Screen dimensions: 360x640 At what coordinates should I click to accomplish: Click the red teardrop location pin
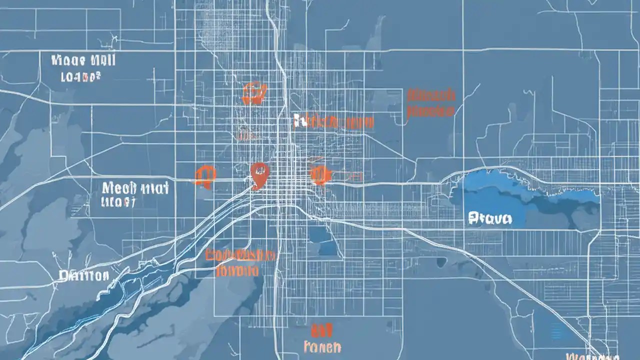coord(259,174)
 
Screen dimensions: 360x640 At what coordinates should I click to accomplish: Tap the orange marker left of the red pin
coord(205,176)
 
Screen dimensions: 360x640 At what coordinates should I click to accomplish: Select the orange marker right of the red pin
coord(320,175)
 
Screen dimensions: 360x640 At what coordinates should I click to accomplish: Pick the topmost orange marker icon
coord(254,93)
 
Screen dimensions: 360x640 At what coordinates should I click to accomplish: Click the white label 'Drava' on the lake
coord(490,218)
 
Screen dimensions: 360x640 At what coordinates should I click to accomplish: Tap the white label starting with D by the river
coord(83,275)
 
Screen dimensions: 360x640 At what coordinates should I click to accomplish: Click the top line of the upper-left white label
coord(83,61)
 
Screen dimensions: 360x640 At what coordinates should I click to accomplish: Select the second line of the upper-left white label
coord(80,77)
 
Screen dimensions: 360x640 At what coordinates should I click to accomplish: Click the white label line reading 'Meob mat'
coord(135,188)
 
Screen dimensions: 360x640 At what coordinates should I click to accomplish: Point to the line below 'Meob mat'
coord(118,202)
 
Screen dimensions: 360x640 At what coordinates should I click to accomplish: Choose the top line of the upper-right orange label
coord(431,95)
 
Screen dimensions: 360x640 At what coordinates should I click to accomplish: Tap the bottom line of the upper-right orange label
coord(430,111)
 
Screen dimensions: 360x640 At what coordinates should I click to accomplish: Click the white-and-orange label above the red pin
coord(333,121)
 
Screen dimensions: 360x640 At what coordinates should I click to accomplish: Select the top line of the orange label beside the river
coord(240,255)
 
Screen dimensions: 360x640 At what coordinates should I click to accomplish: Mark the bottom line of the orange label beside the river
coord(238,271)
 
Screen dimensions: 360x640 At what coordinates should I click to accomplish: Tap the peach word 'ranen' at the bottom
coord(322,346)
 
